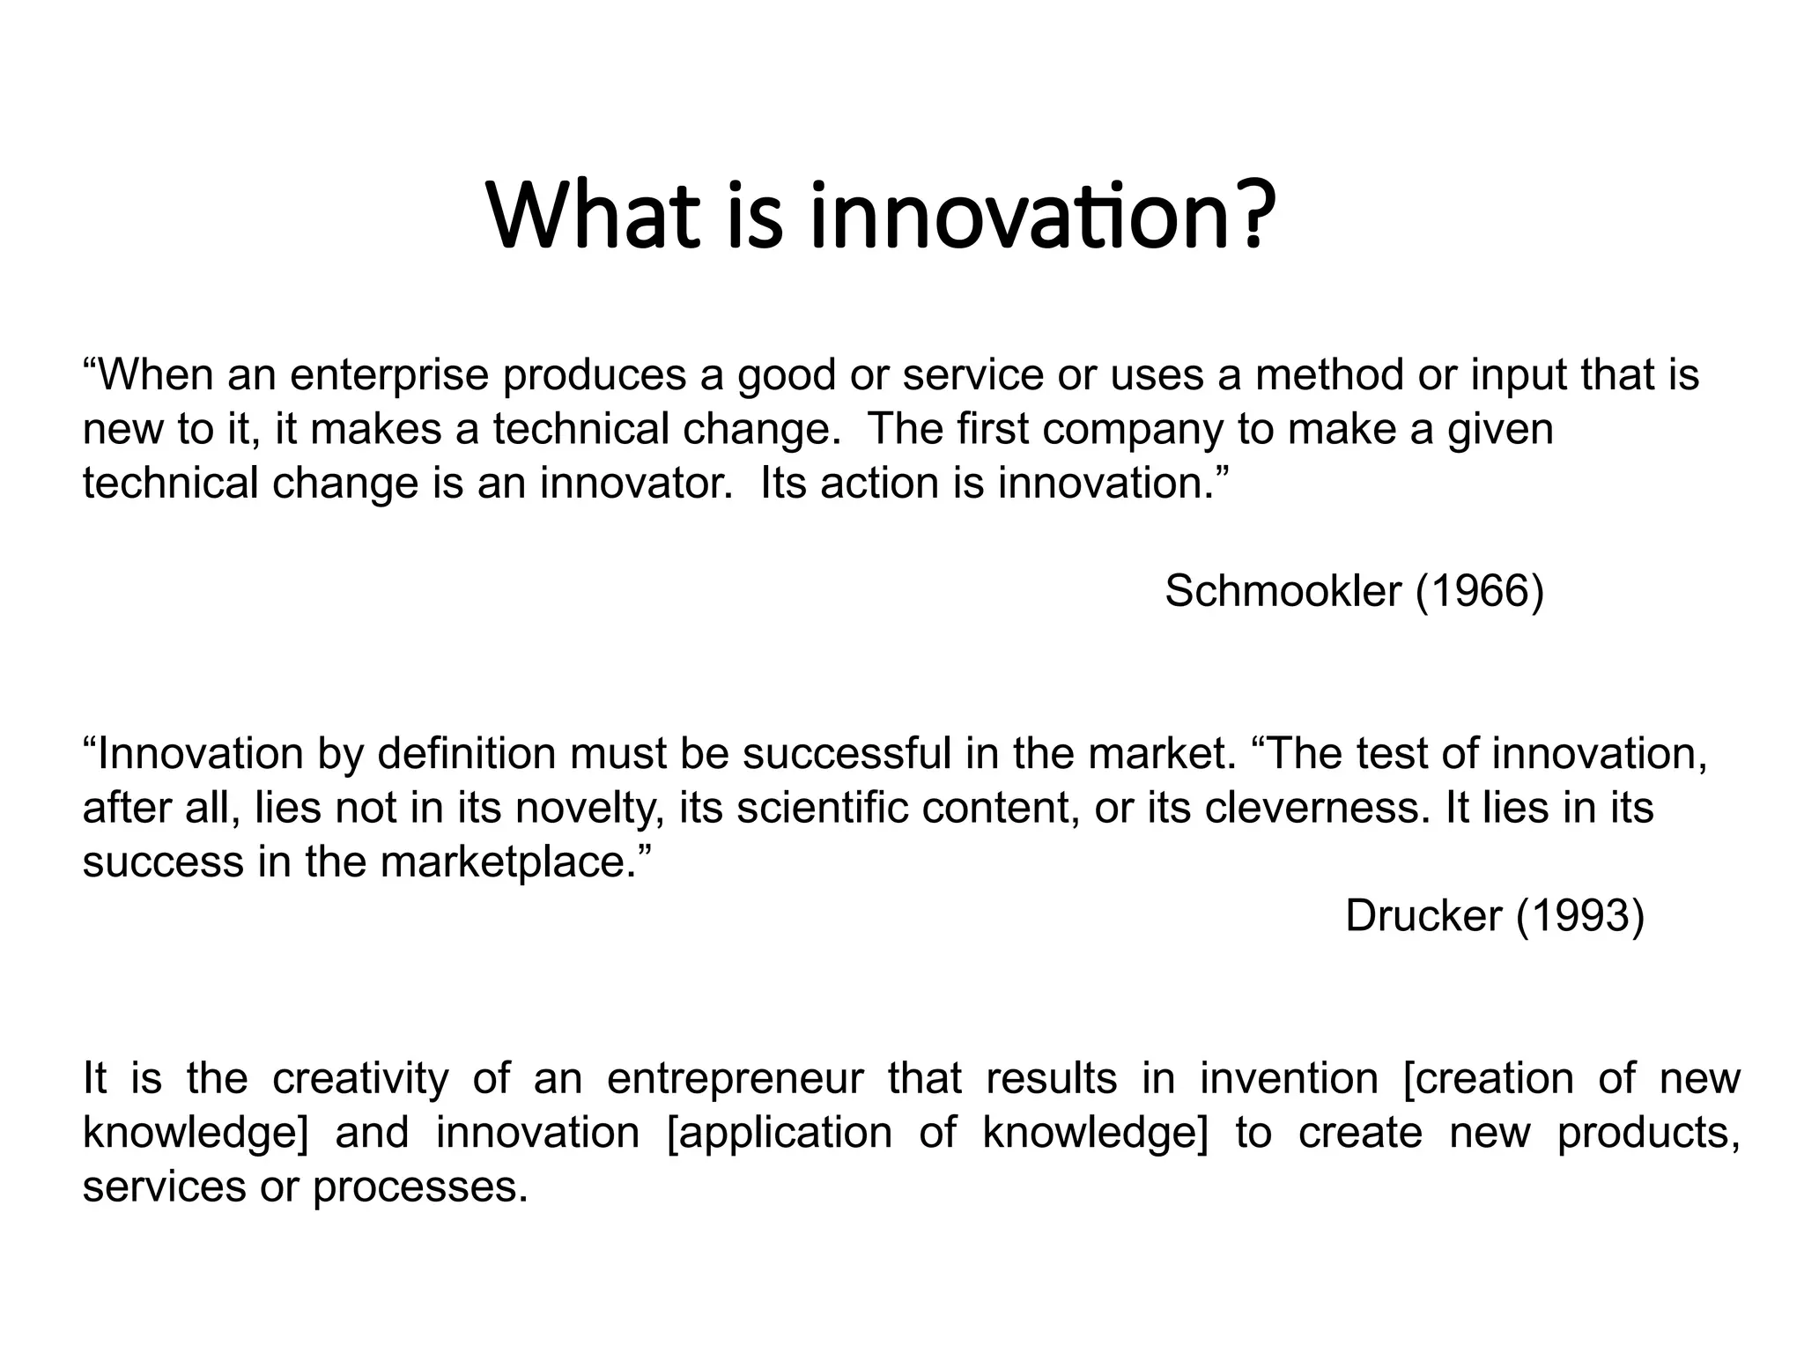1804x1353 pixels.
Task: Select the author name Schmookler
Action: pos(1283,590)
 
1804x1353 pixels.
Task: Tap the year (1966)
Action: pos(1480,590)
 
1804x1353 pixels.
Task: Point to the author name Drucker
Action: pos(1423,916)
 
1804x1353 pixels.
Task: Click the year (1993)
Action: pos(1580,916)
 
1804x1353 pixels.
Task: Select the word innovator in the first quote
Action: pos(635,483)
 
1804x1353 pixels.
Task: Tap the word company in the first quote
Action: pos(1133,430)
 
